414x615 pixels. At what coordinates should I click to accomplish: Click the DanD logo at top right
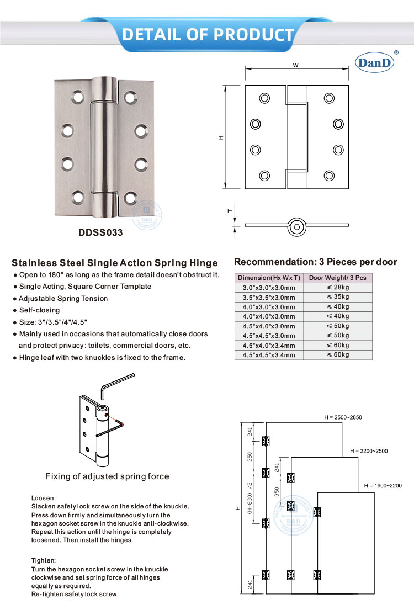[376, 62]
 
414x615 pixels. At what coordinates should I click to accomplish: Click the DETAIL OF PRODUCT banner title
[208, 34]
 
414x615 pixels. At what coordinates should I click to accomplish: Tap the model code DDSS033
[100, 232]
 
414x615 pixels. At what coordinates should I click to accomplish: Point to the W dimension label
[296, 65]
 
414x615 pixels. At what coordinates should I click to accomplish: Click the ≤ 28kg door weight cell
[338, 288]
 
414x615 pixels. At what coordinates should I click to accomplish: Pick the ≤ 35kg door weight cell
[338, 297]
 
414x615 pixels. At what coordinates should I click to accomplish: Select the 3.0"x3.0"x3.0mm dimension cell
[269, 288]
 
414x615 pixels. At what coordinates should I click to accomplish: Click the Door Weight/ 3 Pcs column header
[338, 278]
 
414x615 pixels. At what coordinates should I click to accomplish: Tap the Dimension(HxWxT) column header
[269, 278]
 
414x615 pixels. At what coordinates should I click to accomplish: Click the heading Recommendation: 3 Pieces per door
[316, 262]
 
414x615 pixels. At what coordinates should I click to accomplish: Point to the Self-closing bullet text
[39, 310]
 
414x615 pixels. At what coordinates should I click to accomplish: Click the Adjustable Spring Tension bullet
[63, 299]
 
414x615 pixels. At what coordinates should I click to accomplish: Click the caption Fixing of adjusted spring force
[107, 476]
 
